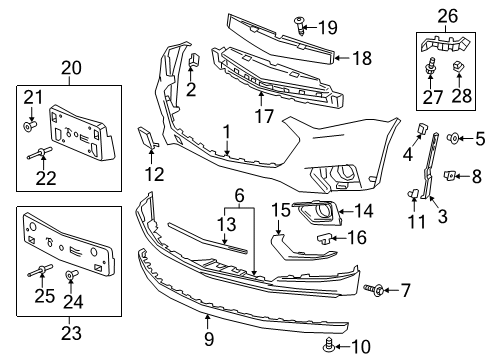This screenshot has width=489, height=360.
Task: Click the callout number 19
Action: tap(328, 27)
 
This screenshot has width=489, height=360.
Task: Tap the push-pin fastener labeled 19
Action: tap(299, 26)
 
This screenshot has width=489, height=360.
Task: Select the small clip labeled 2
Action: tap(194, 59)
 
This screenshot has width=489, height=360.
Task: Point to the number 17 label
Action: tap(264, 116)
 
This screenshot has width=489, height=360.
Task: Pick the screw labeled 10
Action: tap(329, 346)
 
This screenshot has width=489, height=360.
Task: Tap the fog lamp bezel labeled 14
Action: tap(317, 213)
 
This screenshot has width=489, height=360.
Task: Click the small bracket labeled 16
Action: tap(323, 238)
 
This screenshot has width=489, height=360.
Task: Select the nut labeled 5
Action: tap(452, 138)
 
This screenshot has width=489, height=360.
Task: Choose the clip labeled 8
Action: tap(449, 175)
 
